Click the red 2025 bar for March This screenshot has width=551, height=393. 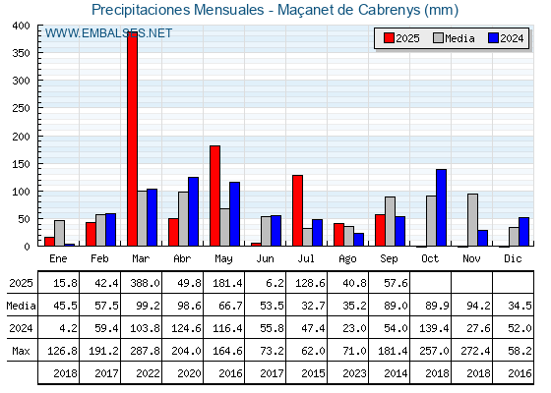pyautogui.click(x=133, y=139)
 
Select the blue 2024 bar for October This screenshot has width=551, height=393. pyautogui.click(x=442, y=207)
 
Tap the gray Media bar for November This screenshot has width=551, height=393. pyautogui.click(x=472, y=220)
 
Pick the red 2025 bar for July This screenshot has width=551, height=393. pyautogui.click(x=297, y=210)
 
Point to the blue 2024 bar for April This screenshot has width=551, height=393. pyautogui.click(x=193, y=211)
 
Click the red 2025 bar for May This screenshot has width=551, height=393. pyautogui.click(x=215, y=196)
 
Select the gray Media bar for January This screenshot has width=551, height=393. pyautogui.click(x=59, y=234)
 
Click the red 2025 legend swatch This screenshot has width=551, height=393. pyautogui.click(x=389, y=38)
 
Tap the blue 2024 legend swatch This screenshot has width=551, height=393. pyautogui.click(x=493, y=38)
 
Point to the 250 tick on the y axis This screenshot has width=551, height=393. pyautogui.click(x=22, y=108)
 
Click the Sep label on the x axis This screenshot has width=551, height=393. pyautogui.click(x=389, y=259)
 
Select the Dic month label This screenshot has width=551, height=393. pyautogui.click(x=513, y=259)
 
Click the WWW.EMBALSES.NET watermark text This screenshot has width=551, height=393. pyautogui.click(x=108, y=33)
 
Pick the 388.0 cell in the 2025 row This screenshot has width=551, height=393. pyautogui.click(x=146, y=283)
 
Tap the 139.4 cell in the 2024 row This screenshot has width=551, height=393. pyautogui.click(x=434, y=328)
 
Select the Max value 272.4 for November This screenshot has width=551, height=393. pyautogui.click(x=475, y=351)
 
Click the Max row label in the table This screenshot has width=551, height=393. pyautogui.click(x=21, y=351)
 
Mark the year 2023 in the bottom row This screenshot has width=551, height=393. pyautogui.click(x=354, y=373)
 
